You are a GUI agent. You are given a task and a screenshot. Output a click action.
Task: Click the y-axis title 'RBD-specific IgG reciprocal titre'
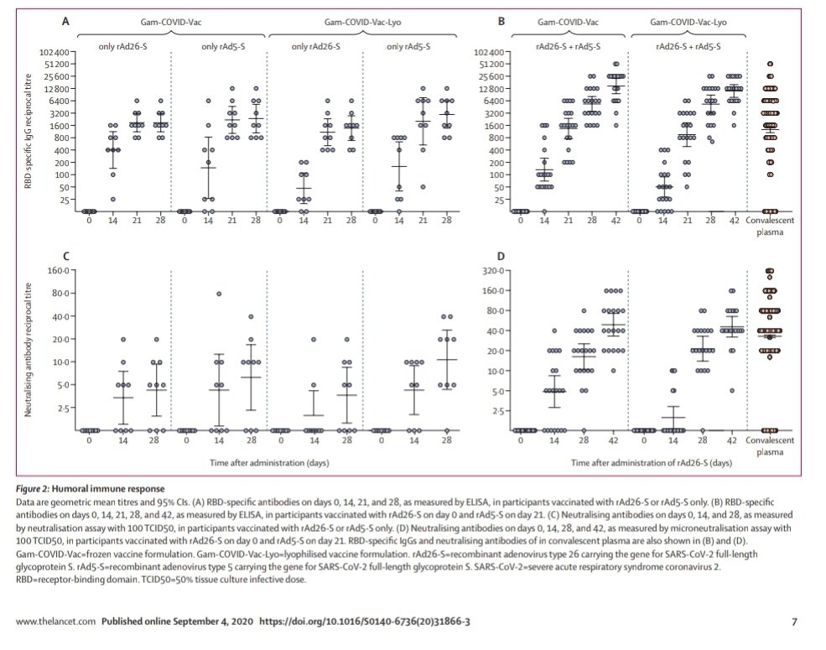click(29, 132)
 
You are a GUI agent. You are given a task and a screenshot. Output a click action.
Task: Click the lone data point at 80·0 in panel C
click(220, 294)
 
